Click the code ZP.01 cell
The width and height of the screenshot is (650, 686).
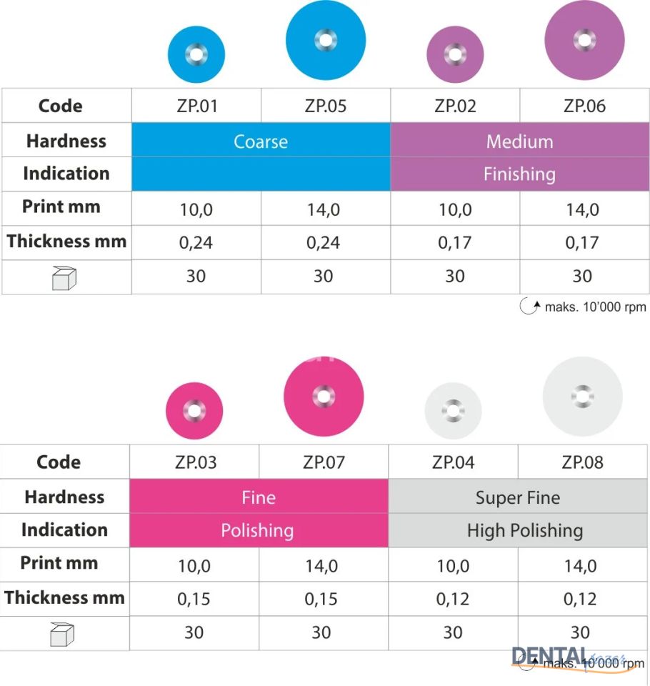tap(196, 106)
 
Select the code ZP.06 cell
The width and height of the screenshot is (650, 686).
tap(584, 106)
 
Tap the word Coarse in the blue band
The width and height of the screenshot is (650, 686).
tap(261, 141)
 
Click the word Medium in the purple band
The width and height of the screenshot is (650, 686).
tap(519, 141)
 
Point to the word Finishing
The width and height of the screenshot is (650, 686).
tap(519, 174)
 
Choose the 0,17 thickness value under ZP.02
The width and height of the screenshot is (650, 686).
tap(455, 243)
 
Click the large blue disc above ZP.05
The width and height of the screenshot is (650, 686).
tap(326, 40)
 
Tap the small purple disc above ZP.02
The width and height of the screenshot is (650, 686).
tap(455, 54)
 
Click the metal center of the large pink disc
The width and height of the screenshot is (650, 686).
tap(324, 396)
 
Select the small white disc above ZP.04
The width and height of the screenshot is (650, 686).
tap(453, 411)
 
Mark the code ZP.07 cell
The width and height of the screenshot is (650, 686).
tap(323, 462)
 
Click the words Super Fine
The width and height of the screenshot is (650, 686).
tap(518, 497)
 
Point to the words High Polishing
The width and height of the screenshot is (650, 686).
tap(525, 530)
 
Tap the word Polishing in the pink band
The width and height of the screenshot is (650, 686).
tap(257, 530)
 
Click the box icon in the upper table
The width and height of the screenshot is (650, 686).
tap(64, 278)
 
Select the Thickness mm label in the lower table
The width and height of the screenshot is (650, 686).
tap(64, 597)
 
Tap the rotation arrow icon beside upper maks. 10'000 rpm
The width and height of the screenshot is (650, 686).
tap(529, 307)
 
